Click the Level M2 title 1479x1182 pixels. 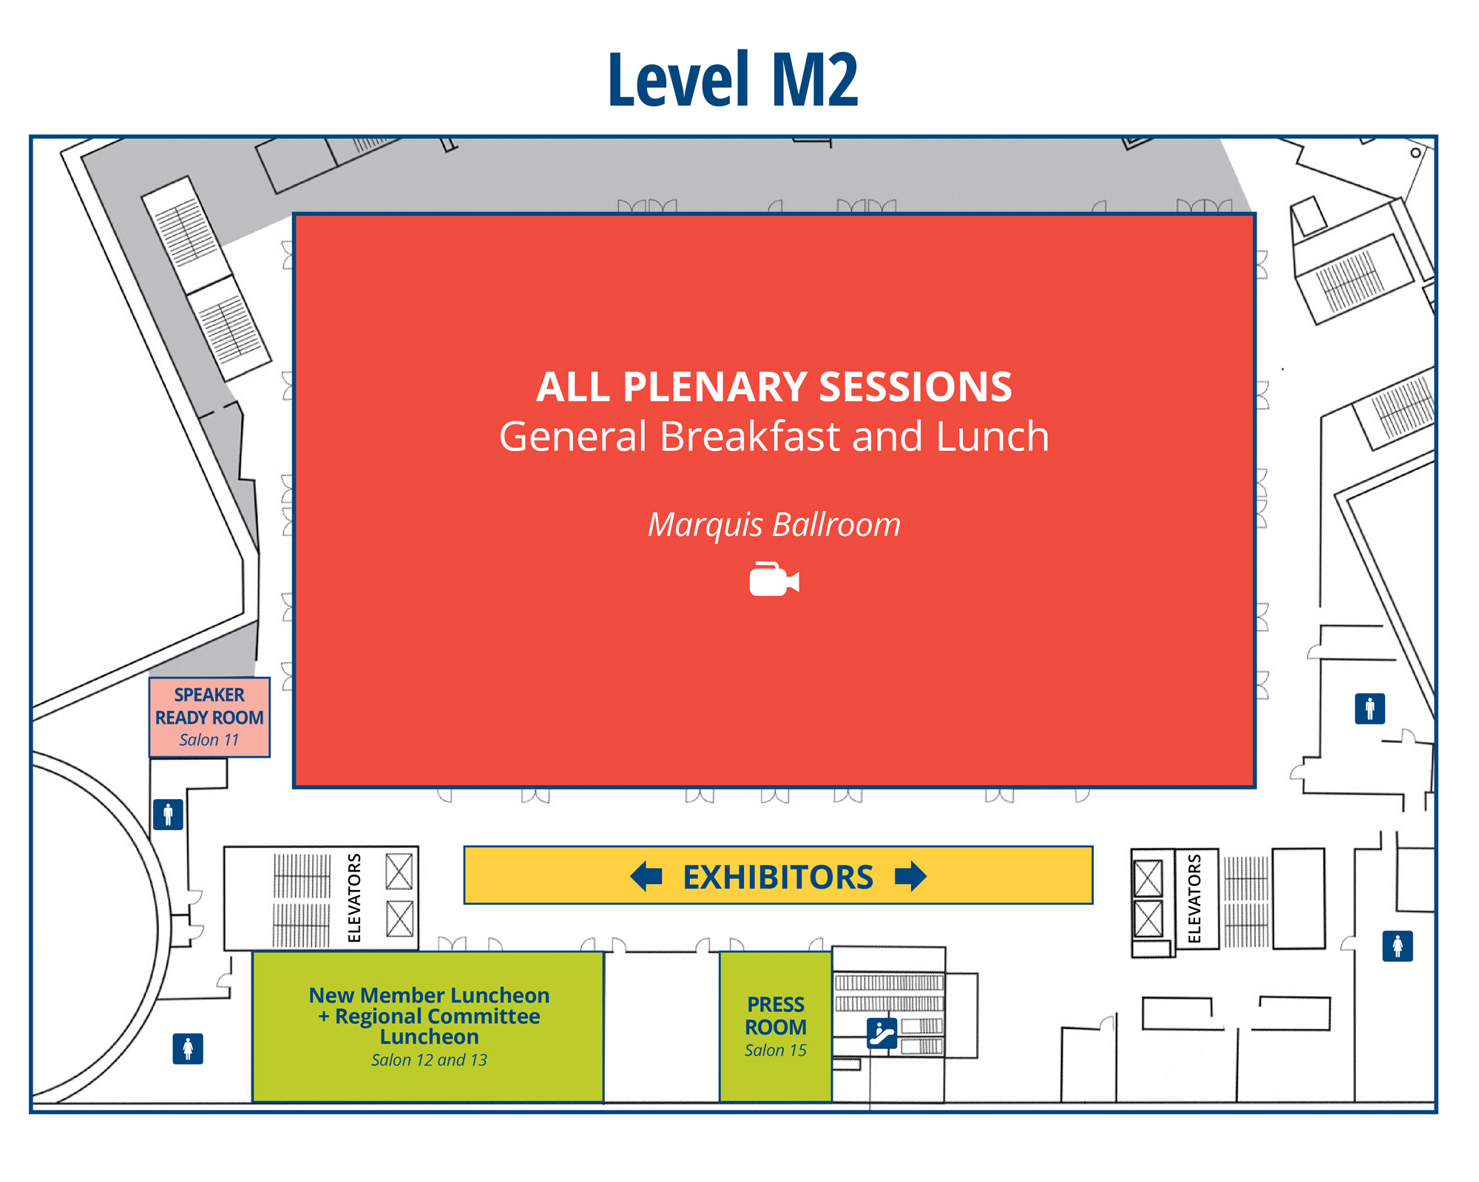point(733,80)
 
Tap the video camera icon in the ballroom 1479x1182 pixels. point(774,580)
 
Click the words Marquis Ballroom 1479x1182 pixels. point(774,525)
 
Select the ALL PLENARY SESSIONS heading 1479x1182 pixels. point(774,387)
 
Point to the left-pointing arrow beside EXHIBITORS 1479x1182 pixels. point(646,876)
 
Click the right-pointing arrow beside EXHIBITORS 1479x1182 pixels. point(910,876)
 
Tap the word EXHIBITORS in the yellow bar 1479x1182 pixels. point(777,877)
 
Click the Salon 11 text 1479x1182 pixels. point(209,740)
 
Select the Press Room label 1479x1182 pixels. point(775,1016)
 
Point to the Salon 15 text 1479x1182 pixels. point(775,1050)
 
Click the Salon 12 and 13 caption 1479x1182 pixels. point(429,1060)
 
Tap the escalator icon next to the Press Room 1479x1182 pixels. point(881,1033)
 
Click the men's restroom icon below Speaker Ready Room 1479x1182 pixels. point(168,815)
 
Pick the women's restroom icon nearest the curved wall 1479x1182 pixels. point(188,1048)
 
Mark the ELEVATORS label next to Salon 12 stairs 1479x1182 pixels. point(354,898)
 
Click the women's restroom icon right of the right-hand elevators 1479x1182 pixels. point(1397,946)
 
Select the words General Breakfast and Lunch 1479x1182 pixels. point(774,436)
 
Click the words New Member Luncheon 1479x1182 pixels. point(429,995)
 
